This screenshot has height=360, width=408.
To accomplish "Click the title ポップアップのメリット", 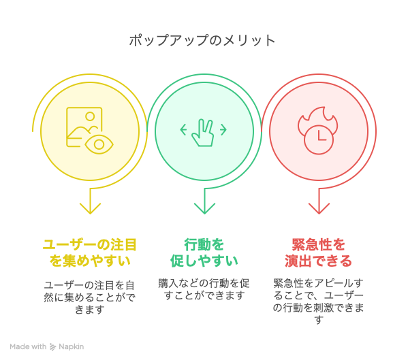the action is tap(202, 41).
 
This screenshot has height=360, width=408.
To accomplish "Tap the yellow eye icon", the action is tap(99, 144).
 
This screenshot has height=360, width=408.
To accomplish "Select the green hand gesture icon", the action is tap(203, 133).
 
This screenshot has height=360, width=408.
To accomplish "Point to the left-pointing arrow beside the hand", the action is tap(183, 130).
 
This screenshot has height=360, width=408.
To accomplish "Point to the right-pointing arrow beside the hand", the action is tap(223, 130).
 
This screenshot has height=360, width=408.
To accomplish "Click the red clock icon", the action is tap(319, 140).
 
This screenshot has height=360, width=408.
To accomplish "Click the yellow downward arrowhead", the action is tap(90, 208).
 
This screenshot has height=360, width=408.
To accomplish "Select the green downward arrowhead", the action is tap(204, 208).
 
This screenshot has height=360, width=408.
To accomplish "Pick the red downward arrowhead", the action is tap(319, 208).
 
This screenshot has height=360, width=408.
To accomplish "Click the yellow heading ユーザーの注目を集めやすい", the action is tap(90, 253).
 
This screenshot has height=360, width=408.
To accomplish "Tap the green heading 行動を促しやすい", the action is tap(204, 253).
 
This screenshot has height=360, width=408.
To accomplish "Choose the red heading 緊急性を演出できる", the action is tap(319, 253).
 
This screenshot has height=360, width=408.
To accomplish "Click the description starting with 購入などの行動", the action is tap(204, 289).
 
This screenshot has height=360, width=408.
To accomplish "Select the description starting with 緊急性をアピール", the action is tap(319, 301).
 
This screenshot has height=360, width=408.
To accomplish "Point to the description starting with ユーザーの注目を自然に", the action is tap(90, 297).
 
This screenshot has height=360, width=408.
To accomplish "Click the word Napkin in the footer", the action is tap(72, 347).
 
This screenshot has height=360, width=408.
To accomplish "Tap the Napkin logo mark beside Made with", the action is tap(53, 347).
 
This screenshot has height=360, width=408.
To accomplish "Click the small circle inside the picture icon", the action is tap(90, 116).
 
